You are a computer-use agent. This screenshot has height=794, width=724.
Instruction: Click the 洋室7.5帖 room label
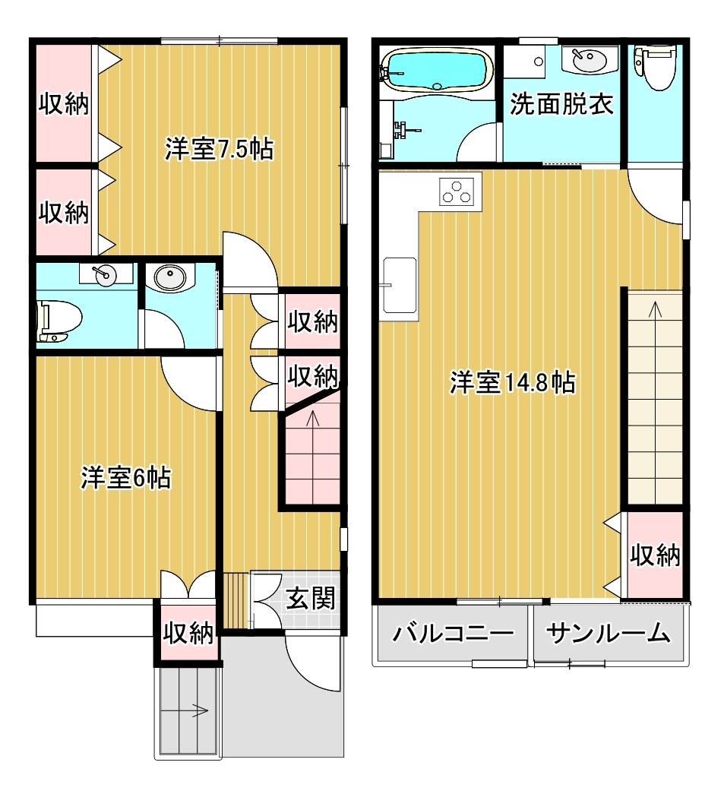tap(219, 150)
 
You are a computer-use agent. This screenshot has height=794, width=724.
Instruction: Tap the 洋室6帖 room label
tap(125, 477)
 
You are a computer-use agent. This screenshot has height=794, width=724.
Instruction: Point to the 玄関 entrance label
tap(311, 599)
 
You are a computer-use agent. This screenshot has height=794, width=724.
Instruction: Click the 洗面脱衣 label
tap(561, 104)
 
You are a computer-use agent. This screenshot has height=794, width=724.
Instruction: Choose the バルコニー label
tap(453, 633)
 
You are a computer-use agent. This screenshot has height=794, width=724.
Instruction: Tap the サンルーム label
tap(608, 633)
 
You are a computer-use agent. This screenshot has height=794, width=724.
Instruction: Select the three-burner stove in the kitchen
tap(457, 192)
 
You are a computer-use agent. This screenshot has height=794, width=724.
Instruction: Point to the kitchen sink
tap(400, 285)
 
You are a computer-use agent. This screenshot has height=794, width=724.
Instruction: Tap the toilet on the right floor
tap(656, 68)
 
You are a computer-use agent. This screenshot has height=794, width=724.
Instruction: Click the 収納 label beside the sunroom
tap(655, 555)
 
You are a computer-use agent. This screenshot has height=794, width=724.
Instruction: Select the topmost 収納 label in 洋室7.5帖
tap(64, 104)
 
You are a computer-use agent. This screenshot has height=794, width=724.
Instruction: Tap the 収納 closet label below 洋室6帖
tap(188, 632)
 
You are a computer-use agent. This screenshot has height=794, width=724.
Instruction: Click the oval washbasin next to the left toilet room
tap(169, 277)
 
